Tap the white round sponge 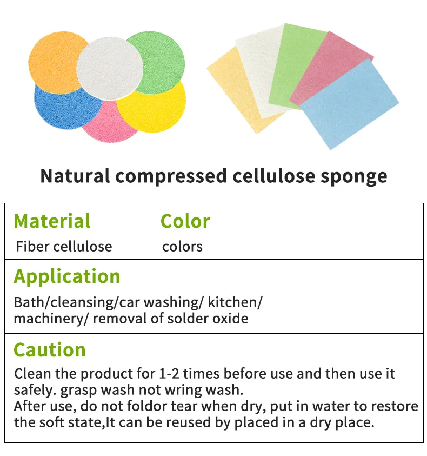click(x=110, y=68)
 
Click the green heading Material click(x=52, y=221)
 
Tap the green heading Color click(x=185, y=221)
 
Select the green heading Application click(x=67, y=276)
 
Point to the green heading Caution click(x=50, y=349)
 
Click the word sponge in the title click(x=353, y=177)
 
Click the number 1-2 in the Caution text click(x=170, y=374)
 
